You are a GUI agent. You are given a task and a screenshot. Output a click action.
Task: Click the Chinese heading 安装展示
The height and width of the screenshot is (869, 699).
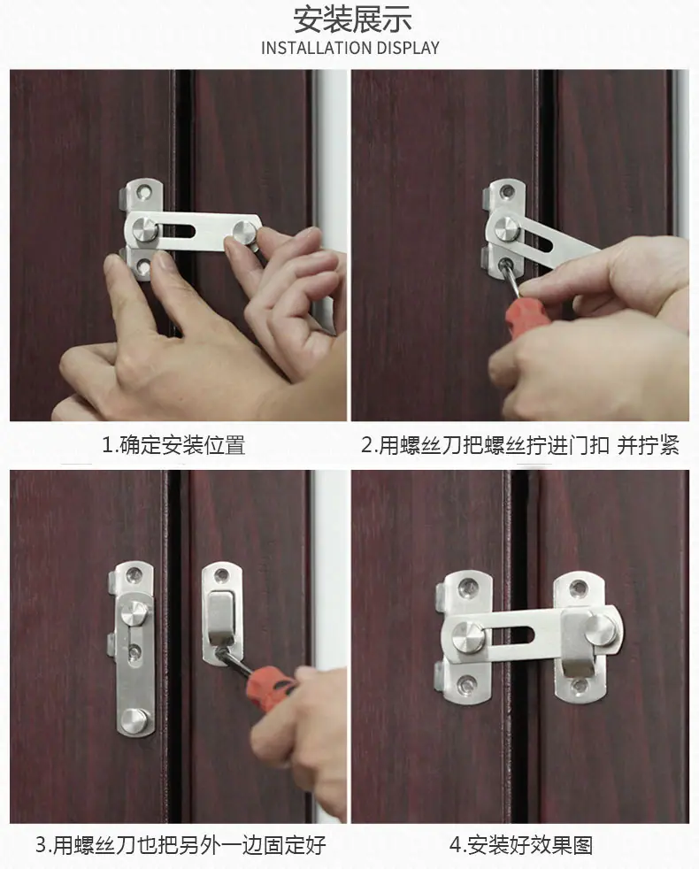[352, 20]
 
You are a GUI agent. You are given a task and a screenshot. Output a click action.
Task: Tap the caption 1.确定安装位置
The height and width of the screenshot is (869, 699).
[173, 445]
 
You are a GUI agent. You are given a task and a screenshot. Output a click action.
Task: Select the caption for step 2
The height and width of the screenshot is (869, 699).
[520, 445]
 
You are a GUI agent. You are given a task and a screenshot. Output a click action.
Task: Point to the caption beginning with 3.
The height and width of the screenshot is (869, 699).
[181, 845]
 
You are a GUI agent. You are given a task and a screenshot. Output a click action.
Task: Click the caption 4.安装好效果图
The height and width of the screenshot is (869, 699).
[521, 845]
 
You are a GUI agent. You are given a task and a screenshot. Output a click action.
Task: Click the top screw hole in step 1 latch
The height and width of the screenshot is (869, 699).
[145, 191]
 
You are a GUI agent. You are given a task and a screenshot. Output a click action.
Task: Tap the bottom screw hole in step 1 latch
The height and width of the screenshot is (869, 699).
[144, 267]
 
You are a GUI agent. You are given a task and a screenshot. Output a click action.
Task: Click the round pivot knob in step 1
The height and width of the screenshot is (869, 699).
[145, 229]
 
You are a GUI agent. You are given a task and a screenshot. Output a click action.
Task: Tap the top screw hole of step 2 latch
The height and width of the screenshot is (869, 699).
[506, 192]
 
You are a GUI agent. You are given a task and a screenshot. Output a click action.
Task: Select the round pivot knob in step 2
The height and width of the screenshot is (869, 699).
[507, 227]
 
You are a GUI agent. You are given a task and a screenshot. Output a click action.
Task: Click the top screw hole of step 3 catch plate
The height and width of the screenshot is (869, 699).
[221, 575]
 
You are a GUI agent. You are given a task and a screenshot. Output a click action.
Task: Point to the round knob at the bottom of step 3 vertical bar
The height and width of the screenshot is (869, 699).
[134, 720]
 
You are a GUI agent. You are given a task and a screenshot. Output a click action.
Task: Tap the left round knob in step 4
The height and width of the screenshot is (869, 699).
[468, 635]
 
